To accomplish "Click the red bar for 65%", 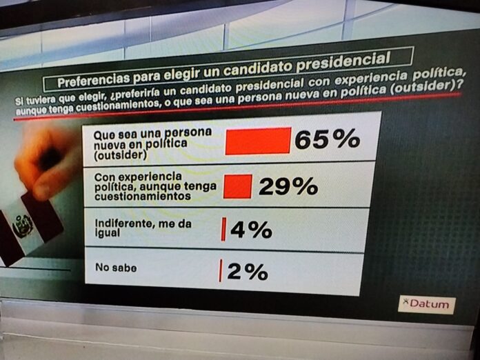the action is tap(258, 141).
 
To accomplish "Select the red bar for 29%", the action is tap(238, 186).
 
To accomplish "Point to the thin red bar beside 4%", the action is tap(223, 229).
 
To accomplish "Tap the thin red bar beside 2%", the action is tap(220, 270).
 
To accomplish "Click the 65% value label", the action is tap(328, 139).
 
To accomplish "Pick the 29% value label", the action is tap(288, 186).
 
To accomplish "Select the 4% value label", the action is tap(251, 230).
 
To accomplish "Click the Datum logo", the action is tap(427, 304).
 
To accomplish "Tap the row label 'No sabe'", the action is tap(116, 268).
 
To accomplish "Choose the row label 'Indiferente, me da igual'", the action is tap(143, 228).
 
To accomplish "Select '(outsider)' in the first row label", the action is tap(120, 155).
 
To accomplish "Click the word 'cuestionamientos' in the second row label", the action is tap(143, 196).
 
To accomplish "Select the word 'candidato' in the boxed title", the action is tap(259, 68).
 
